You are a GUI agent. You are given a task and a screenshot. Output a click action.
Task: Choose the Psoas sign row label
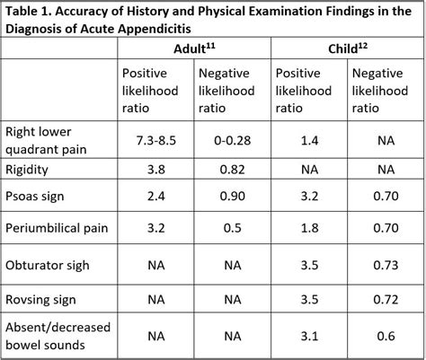click(36, 197)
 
